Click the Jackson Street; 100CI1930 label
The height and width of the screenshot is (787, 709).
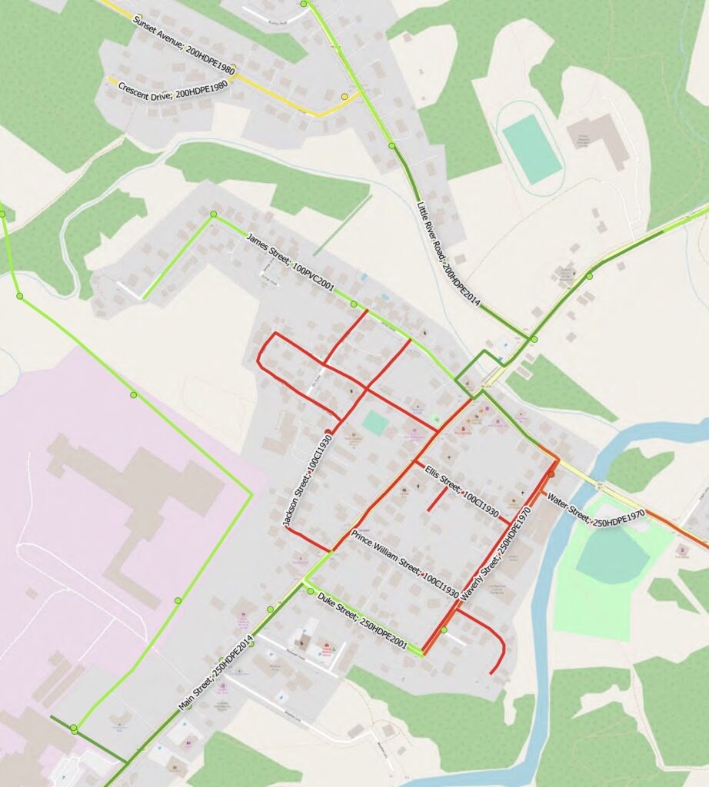coord(305,478)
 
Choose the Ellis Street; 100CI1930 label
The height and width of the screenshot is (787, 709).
coord(461,488)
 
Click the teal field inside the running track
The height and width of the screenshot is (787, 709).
coord(531,148)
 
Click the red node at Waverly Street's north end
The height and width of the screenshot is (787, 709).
coord(551,474)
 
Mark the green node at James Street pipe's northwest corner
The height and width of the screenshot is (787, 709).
coord(214,214)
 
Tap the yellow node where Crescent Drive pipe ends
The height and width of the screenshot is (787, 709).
coord(345,97)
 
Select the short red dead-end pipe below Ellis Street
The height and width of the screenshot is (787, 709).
coord(437,500)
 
